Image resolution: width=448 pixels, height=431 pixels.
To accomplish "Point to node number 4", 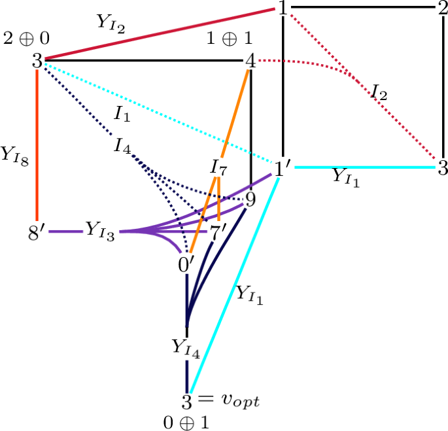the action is click(x=250, y=61).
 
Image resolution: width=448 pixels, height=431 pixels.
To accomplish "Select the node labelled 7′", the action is click(x=217, y=232).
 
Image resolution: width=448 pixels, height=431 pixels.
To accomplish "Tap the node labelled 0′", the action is click(x=187, y=264).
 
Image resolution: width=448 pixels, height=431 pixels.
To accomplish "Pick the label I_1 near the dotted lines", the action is click(x=123, y=114).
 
